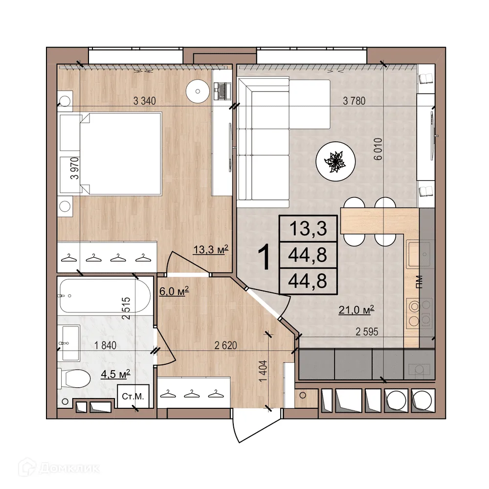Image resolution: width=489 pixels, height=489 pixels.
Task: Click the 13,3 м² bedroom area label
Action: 211,250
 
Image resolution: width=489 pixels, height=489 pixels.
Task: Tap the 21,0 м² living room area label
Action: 356,309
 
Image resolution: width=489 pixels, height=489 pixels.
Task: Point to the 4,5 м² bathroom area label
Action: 115,375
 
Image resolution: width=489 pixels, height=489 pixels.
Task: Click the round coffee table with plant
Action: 336,162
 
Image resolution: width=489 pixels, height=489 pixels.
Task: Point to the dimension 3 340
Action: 144,102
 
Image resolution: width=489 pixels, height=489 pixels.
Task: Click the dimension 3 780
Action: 355,102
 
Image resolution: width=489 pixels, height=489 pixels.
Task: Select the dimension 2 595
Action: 366,332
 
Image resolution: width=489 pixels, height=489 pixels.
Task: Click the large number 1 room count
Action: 264,258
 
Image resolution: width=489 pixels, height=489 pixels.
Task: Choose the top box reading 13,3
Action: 308,228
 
